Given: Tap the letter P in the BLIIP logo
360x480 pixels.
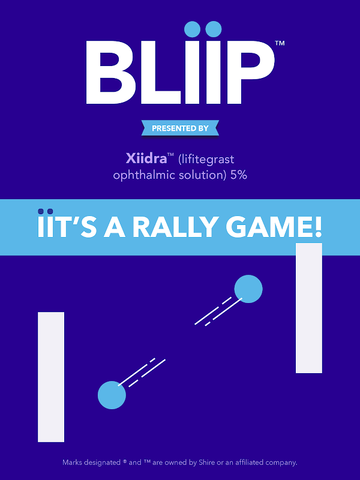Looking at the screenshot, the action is (250, 72).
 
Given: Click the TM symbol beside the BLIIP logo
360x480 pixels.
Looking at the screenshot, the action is (280, 43).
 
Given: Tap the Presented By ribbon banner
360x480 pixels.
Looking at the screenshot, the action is (181, 128).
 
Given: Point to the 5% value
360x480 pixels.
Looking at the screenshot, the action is (238, 175).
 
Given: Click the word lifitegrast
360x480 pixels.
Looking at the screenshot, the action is (206, 159).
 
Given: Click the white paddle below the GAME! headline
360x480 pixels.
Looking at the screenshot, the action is (309, 308).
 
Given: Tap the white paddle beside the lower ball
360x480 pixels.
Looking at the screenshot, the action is (51, 377).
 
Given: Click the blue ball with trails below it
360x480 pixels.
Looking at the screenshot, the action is (248, 289).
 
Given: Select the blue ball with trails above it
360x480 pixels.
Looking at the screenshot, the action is (112, 395).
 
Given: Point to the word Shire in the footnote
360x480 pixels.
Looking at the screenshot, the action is (207, 462).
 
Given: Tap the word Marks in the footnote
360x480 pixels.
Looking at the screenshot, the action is (72, 462).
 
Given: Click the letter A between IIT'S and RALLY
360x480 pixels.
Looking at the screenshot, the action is (115, 227).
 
